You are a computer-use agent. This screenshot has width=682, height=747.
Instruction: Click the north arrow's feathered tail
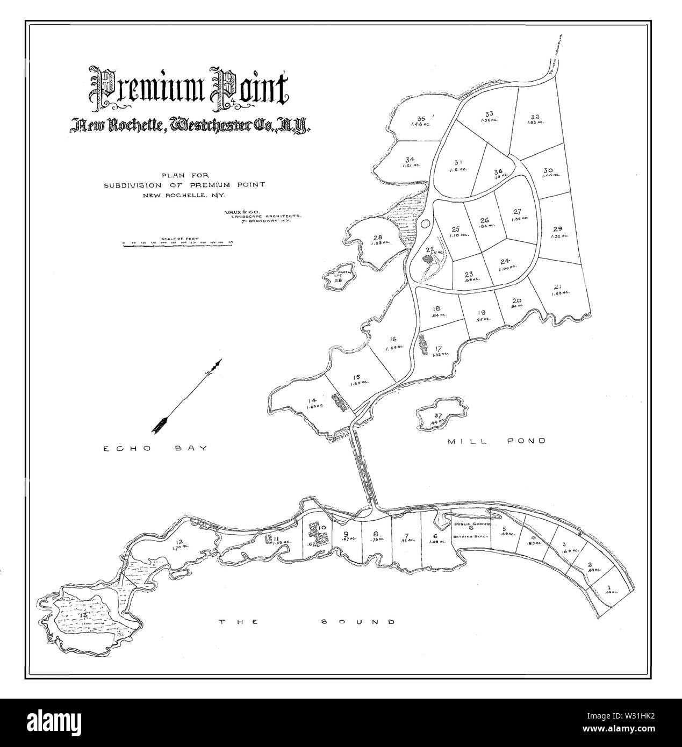click(x=159, y=425)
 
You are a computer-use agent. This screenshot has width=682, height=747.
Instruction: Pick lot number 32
click(x=535, y=117)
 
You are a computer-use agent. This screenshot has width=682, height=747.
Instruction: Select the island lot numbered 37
click(x=438, y=415)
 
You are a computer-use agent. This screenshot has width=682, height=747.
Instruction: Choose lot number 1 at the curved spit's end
click(x=609, y=587)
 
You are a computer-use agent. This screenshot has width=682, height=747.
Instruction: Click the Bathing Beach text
click(x=470, y=536)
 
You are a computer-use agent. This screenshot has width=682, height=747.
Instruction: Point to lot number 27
click(x=517, y=211)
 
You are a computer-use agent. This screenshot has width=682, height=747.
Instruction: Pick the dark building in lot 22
click(x=429, y=258)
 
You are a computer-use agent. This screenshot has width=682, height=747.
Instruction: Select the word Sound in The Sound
click(x=357, y=622)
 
